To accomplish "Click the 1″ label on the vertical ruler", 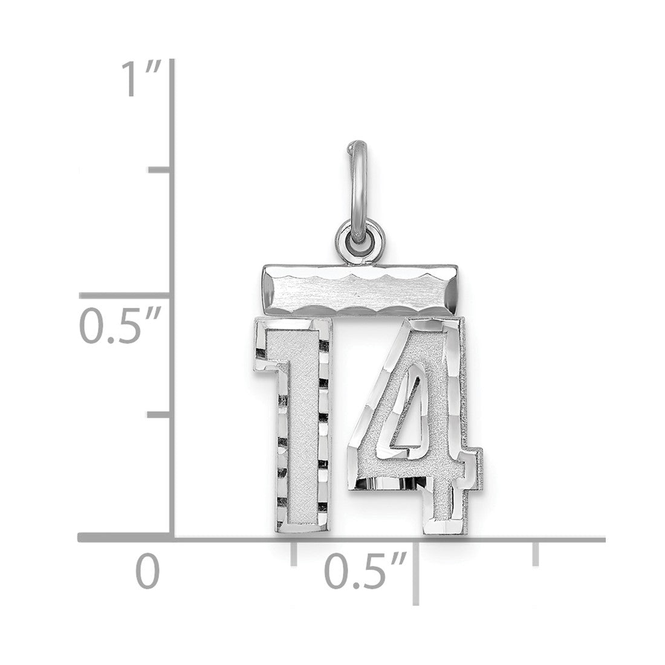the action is click(141, 79).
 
